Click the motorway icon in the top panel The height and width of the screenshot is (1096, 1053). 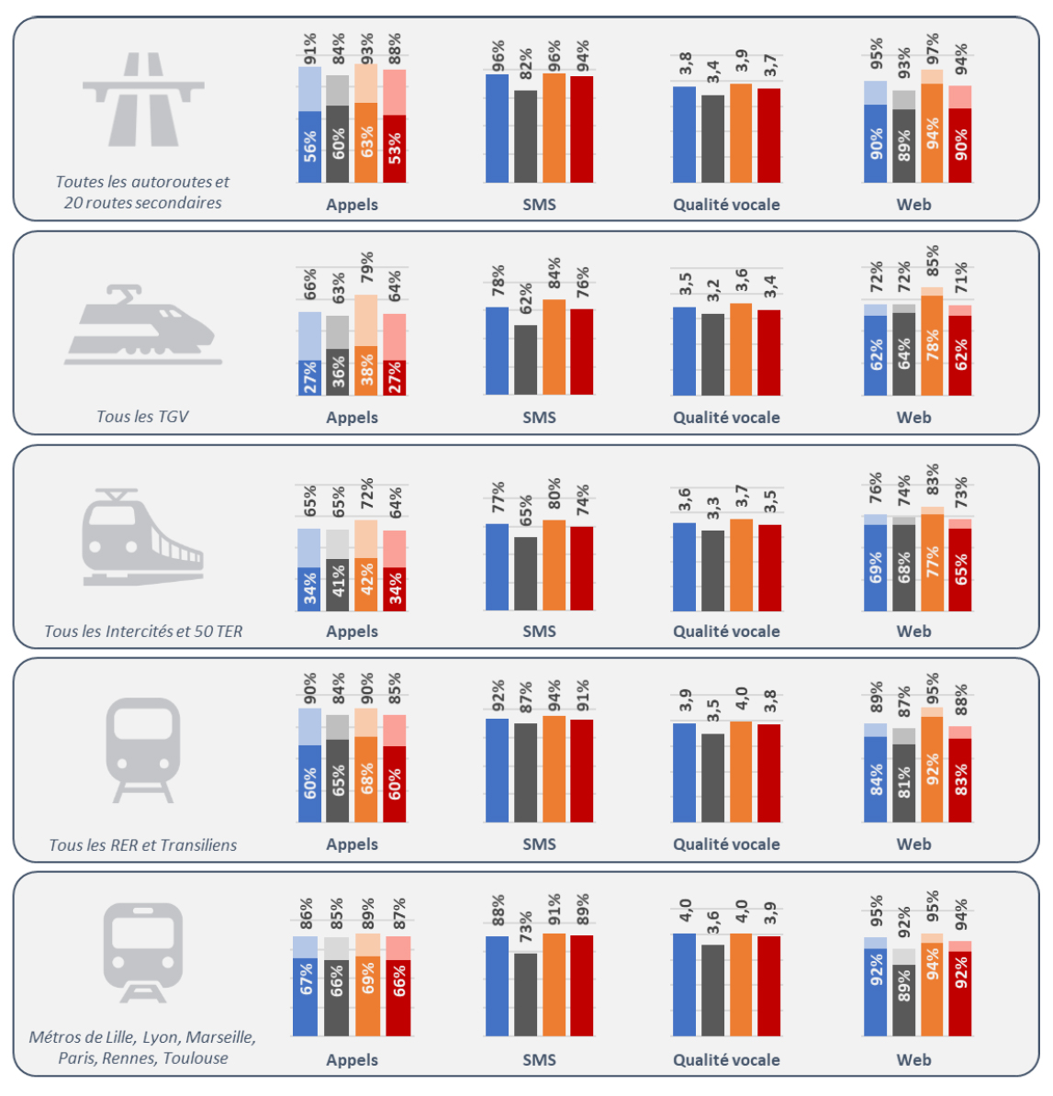coord(143,99)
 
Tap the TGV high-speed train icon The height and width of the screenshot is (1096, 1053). coord(143,325)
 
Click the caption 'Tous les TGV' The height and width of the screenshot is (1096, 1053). coord(142,417)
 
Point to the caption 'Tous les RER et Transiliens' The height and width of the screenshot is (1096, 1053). coord(142,844)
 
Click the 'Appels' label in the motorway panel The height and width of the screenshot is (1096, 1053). coord(352,205)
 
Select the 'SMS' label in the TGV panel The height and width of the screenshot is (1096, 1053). coord(539,418)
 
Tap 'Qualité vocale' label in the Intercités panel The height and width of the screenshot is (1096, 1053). coord(726,632)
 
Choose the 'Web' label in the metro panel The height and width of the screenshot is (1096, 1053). coord(913,1059)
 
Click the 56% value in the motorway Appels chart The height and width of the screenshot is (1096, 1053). coord(310,147)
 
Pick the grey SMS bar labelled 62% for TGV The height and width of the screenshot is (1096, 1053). coord(525,360)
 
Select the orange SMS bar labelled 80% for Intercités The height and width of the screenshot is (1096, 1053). coord(554,565)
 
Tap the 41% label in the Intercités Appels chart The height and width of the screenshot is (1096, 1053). coord(338,585)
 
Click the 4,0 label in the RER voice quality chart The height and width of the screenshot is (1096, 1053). coord(742,699)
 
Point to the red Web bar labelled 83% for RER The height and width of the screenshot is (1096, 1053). coord(959,780)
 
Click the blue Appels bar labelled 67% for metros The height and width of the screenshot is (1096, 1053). coord(306,996)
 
